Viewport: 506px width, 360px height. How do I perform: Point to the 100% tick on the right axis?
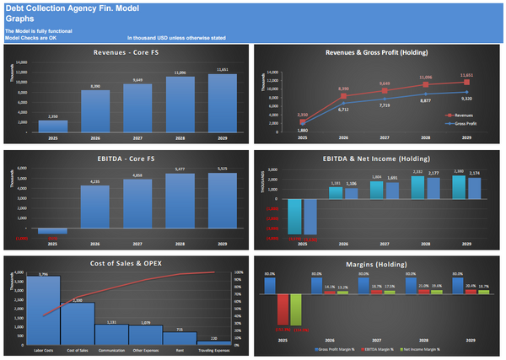pos(239,272)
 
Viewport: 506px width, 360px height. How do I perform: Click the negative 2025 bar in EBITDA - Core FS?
pos(52,230)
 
